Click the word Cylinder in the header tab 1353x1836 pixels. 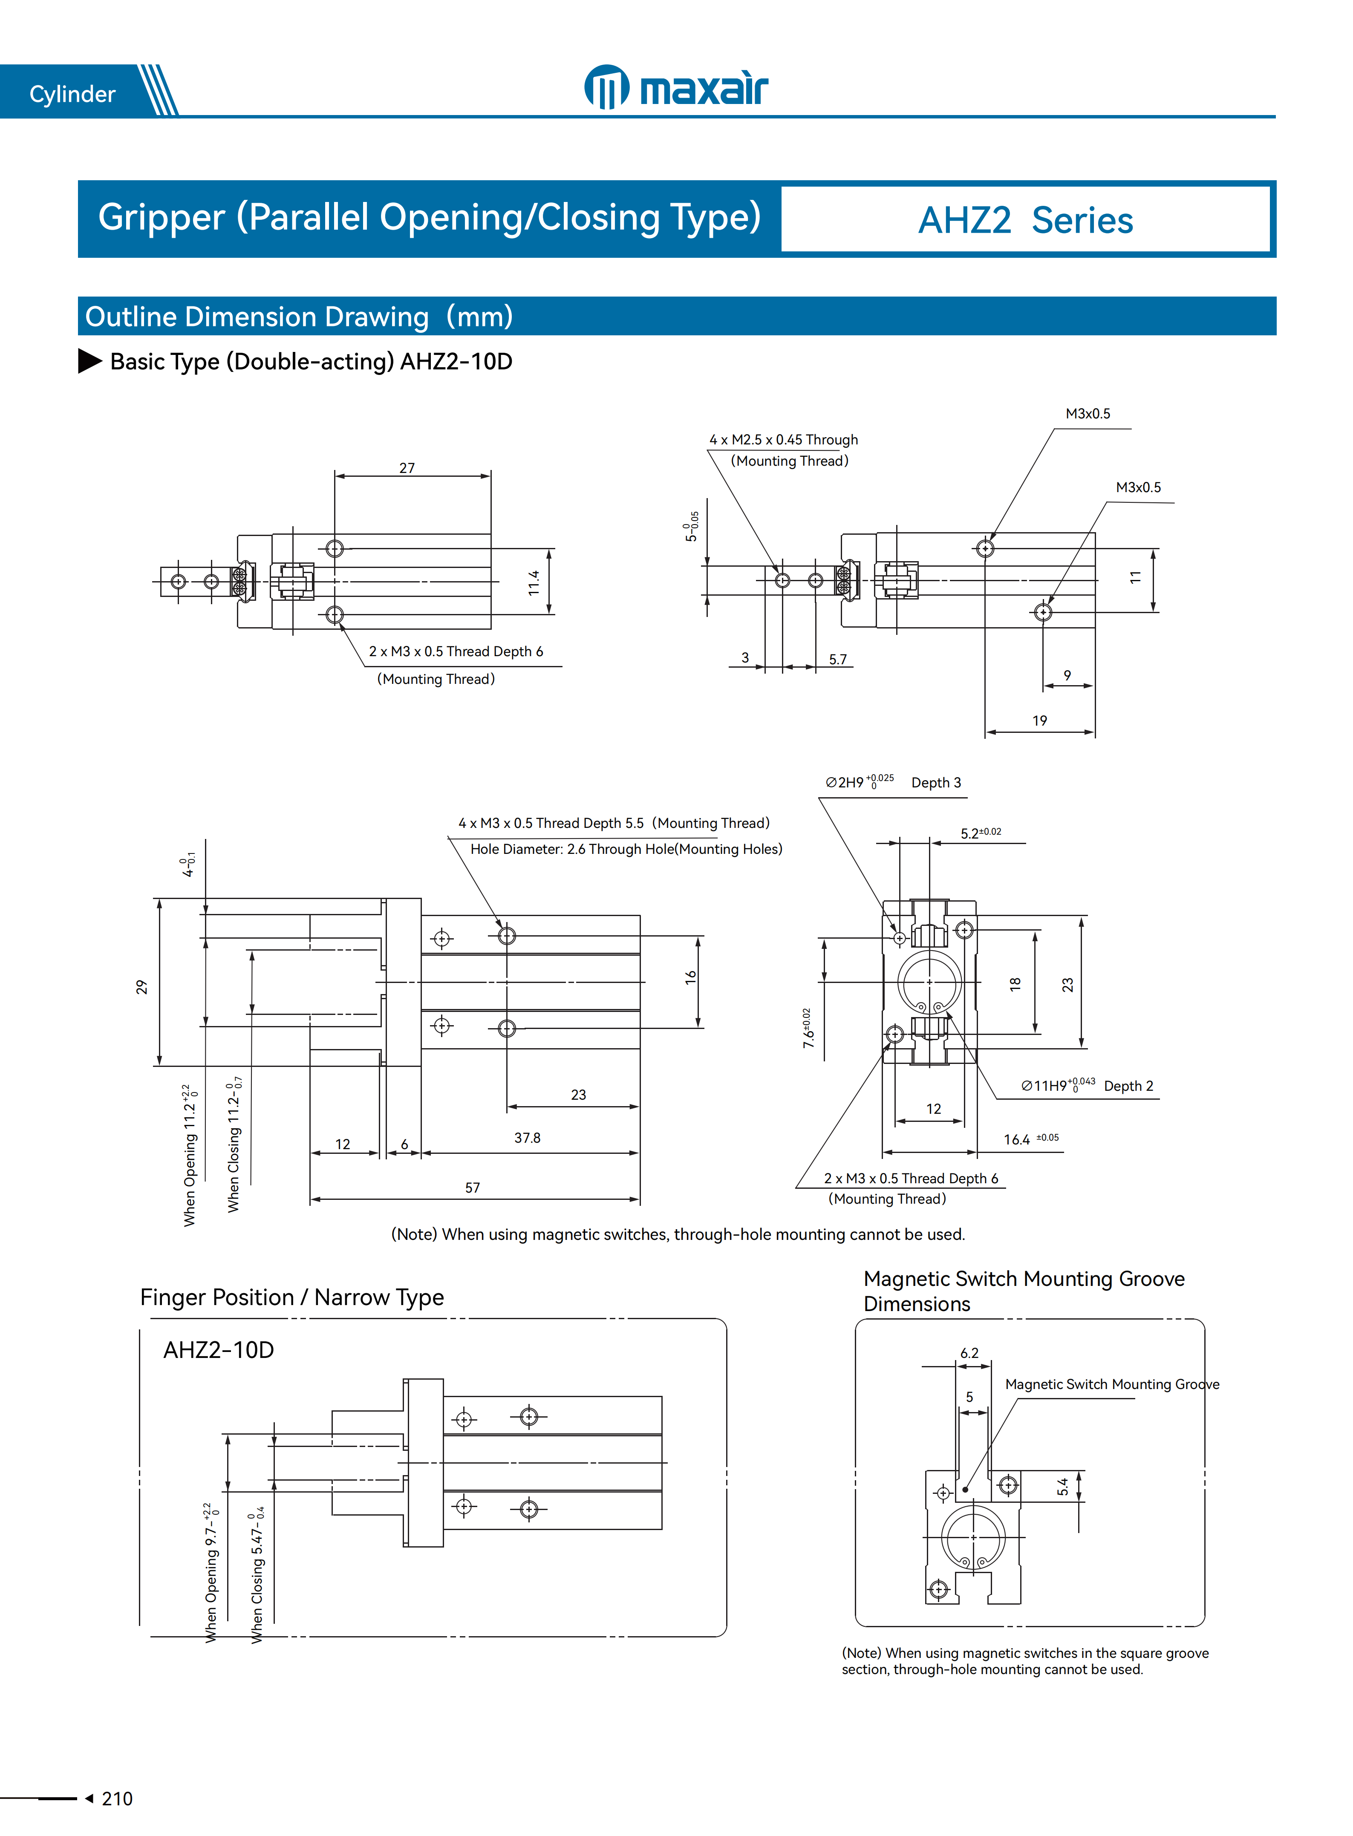click(72, 94)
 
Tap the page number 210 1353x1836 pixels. click(117, 1799)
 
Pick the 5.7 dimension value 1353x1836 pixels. click(837, 659)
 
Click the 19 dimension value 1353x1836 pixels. click(1039, 721)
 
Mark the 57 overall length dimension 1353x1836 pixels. click(473, 1187)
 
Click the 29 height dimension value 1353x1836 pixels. click(141, 987)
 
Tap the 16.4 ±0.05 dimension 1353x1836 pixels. click(1030, 1139)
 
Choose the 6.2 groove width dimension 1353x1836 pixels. click(969, 1353)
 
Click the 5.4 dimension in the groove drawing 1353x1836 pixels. click(1062, 1486)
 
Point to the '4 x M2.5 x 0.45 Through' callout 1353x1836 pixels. click(783, 440)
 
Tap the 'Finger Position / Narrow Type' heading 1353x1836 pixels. click(291, 1297)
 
